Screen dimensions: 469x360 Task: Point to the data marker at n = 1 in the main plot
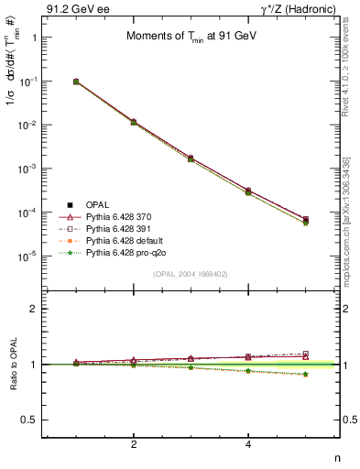click(76, 82)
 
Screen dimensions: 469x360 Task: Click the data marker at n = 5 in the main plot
click(306, 220)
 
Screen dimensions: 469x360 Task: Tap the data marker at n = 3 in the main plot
click(191, 158)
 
